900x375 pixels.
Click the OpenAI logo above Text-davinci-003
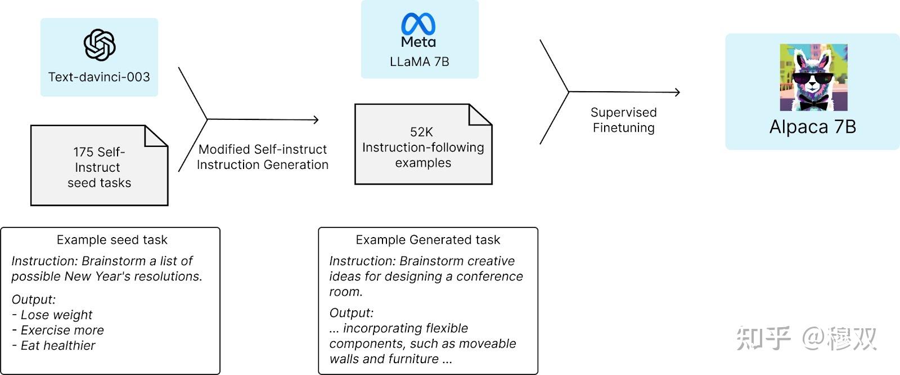click(100, 45)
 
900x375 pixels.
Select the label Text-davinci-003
click(99, 77)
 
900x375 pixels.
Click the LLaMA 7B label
click(419, 62)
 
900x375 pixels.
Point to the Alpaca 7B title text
click(812, 127)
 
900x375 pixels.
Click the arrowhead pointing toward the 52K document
click(316, 119)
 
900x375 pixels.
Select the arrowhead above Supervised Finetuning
click(677, 92)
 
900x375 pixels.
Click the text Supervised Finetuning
click(623, 120)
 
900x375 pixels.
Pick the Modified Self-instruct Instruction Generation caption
click(262, 157)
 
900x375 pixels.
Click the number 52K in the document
click(421, 132)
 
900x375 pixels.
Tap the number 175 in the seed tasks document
click(83, 152)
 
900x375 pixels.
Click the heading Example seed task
click(112, 240)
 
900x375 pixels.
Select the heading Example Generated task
click(427, 240)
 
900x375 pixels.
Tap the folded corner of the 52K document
click(480, 115)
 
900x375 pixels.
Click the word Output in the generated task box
click(350, 313)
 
